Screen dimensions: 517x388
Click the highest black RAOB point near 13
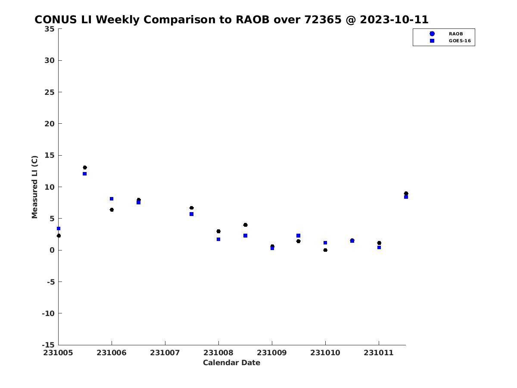click(85, 168)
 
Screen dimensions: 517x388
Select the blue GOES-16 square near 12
click(84, 174)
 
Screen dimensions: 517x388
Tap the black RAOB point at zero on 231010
click(325, 250)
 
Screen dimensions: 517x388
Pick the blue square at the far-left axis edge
click(59, 228)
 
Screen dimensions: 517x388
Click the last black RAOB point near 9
click(406, 194)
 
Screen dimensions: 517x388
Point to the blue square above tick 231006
click(112, 199)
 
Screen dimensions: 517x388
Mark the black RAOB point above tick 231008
click(218, 232)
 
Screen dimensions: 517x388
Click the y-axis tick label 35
click(50, 29)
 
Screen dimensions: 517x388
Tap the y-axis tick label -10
click(48, 313)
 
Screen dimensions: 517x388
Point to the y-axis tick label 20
click(50, 124)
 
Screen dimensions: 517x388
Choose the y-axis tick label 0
click(52, 250)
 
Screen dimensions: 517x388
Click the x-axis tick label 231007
click(165, 353)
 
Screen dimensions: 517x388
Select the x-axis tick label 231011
click(379, 353)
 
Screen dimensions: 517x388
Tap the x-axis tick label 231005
click(58, 353)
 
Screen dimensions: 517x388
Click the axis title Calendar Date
click(231, 363)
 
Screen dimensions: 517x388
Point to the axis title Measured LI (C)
click(34, 187)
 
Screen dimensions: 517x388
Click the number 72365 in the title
click(323, 19)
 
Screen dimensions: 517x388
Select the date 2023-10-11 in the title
click(394, 19)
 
